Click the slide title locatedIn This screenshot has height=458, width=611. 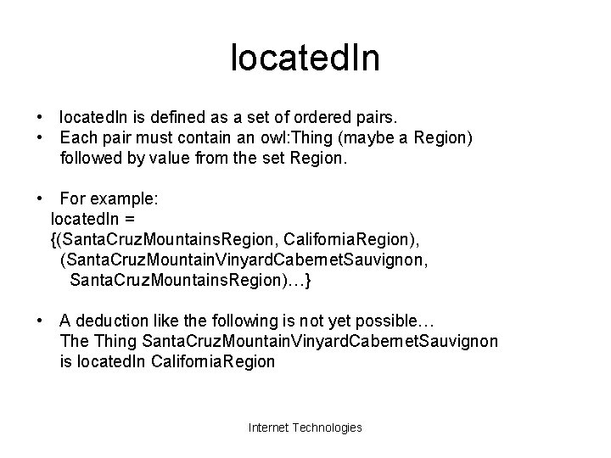click(305, 59)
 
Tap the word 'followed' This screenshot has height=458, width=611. click(90, 157)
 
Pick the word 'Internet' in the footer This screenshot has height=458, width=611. click(268, 427)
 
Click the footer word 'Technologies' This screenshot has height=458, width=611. click(327, 427)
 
